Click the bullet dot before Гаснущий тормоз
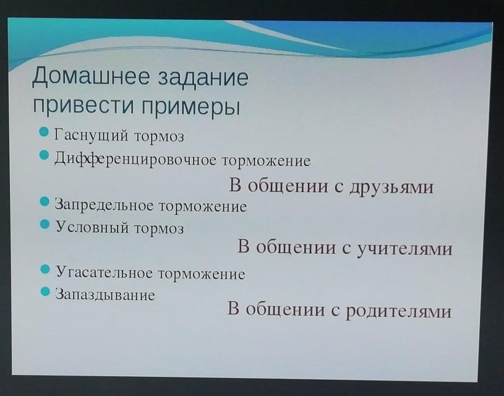click(44, 132)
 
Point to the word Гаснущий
click(92, 135)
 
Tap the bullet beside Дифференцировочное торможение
click(44, 155)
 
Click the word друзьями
click(391, 187)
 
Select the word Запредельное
click(104, 205)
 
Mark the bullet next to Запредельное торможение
click(45, 202)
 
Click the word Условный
click(92, 227)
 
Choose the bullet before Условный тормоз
click(45, 224)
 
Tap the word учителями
click(405, 248)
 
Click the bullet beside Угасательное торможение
click(45, 269)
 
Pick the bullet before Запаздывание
click(46, 292)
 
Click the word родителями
click(399, 311)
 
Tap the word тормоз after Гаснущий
click(159, 136)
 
